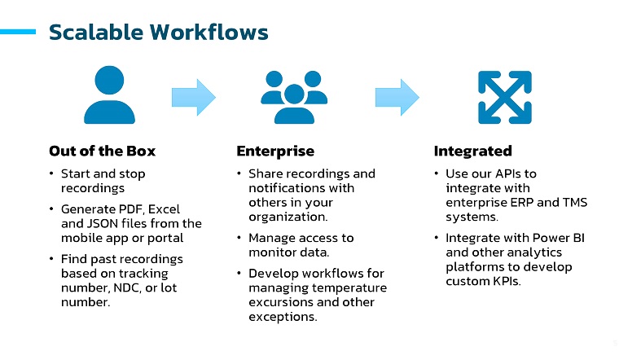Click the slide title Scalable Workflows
click(x=158, y=33)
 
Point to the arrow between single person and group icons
click(x=193, y=96)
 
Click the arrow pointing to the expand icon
click(x=397, y=96)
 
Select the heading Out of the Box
click(x=102, y=151)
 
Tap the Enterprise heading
click(x=274, y=151)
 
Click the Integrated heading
click(x=472, y=151)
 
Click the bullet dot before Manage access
click(x=239, y=239)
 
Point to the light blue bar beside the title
click(x=18, y=33)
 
